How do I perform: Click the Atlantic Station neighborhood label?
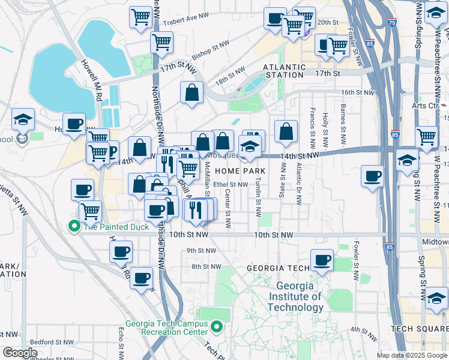click(284, 70)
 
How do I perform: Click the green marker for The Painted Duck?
click(74, 226)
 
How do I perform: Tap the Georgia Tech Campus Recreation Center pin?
click(217, 327)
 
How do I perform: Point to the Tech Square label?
click(418, 329)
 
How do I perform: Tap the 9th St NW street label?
click(200, 250)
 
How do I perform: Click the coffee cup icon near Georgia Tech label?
click(322, 260)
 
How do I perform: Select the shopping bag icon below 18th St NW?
click(191, 93)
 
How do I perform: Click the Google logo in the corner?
click(20, 353)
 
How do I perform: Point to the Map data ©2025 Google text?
click(412, 355)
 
